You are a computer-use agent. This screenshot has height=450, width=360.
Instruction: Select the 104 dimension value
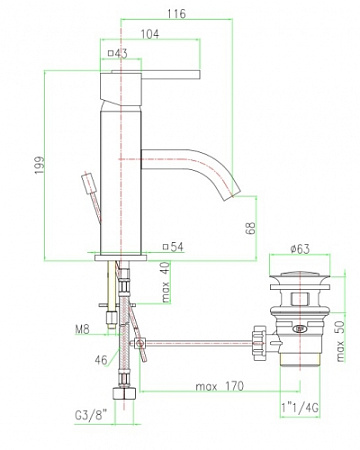pyautogui.click(x=150, y=34)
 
